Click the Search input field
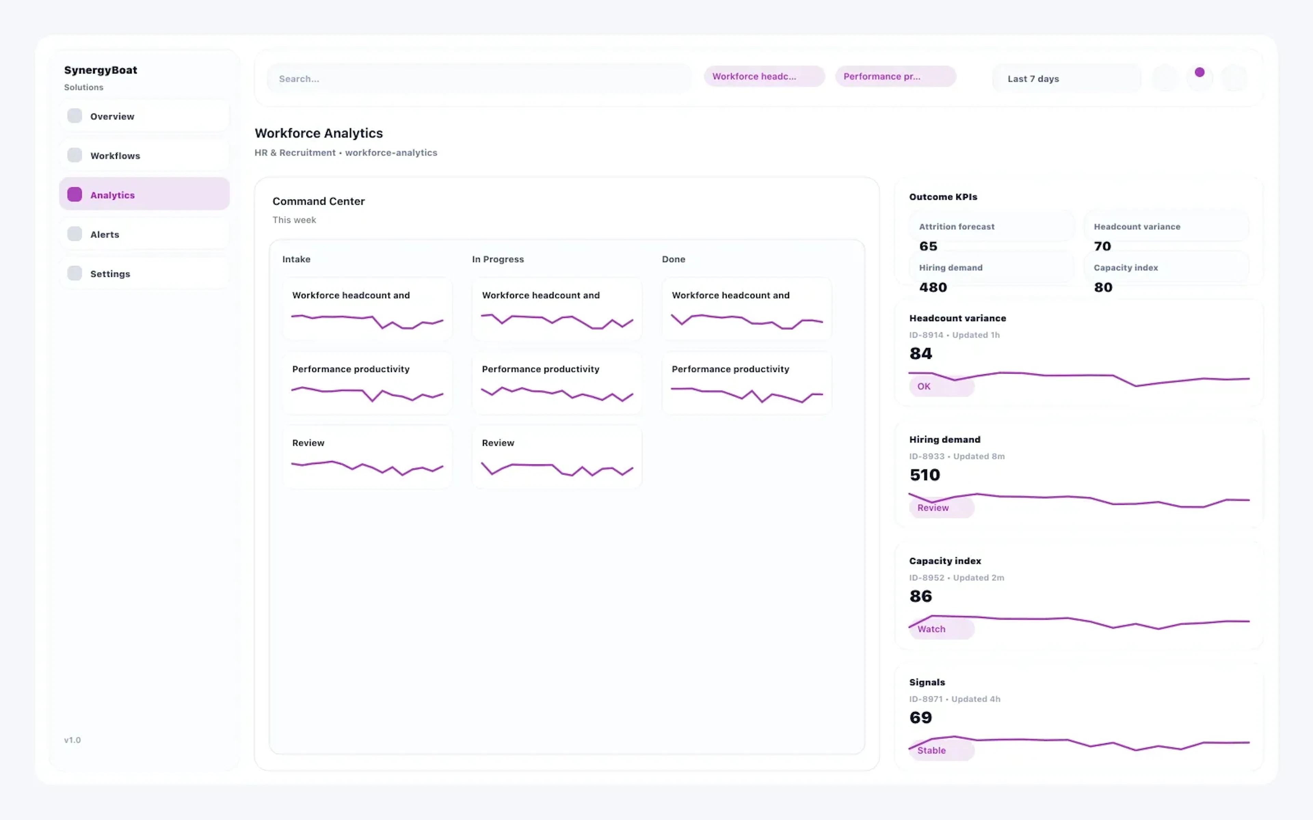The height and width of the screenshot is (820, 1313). pyautogui.click(x=479, y=79)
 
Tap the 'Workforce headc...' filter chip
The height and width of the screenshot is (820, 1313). pyautogui.click(x=764, y=77)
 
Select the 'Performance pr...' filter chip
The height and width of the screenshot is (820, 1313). pyautogui.click(x=895, y=77)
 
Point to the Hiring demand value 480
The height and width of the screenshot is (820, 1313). pyautogui.click(x=933, y=287)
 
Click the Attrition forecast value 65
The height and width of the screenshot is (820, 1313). pyautogui.click(x=928, y=246)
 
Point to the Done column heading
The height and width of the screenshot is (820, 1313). pyautogui.click(x=673, y=259)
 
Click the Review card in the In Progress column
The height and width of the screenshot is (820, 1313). pyautogui.click(x=557, y=457)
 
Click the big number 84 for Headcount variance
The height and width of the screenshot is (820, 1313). pyautogui.click(x=921, y=354)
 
